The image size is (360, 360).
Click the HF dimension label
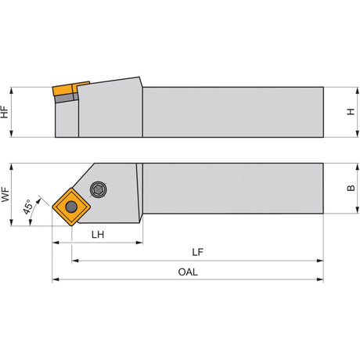click(x=5, y=112)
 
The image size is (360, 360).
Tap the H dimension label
click(x=351, y=112)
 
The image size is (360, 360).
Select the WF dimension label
click(x=5, y=194)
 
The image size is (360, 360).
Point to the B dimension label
click(x=351, y=188)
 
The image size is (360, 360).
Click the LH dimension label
click(x=98, y=235)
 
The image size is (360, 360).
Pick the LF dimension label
click(x=197, y=252)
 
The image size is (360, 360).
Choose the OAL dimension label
click(x=188, y=272)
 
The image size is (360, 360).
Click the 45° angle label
click(x=28, y=207)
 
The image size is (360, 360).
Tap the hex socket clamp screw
click(x=99, y=189)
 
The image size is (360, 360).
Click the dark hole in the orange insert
click(x=71, y=207)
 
